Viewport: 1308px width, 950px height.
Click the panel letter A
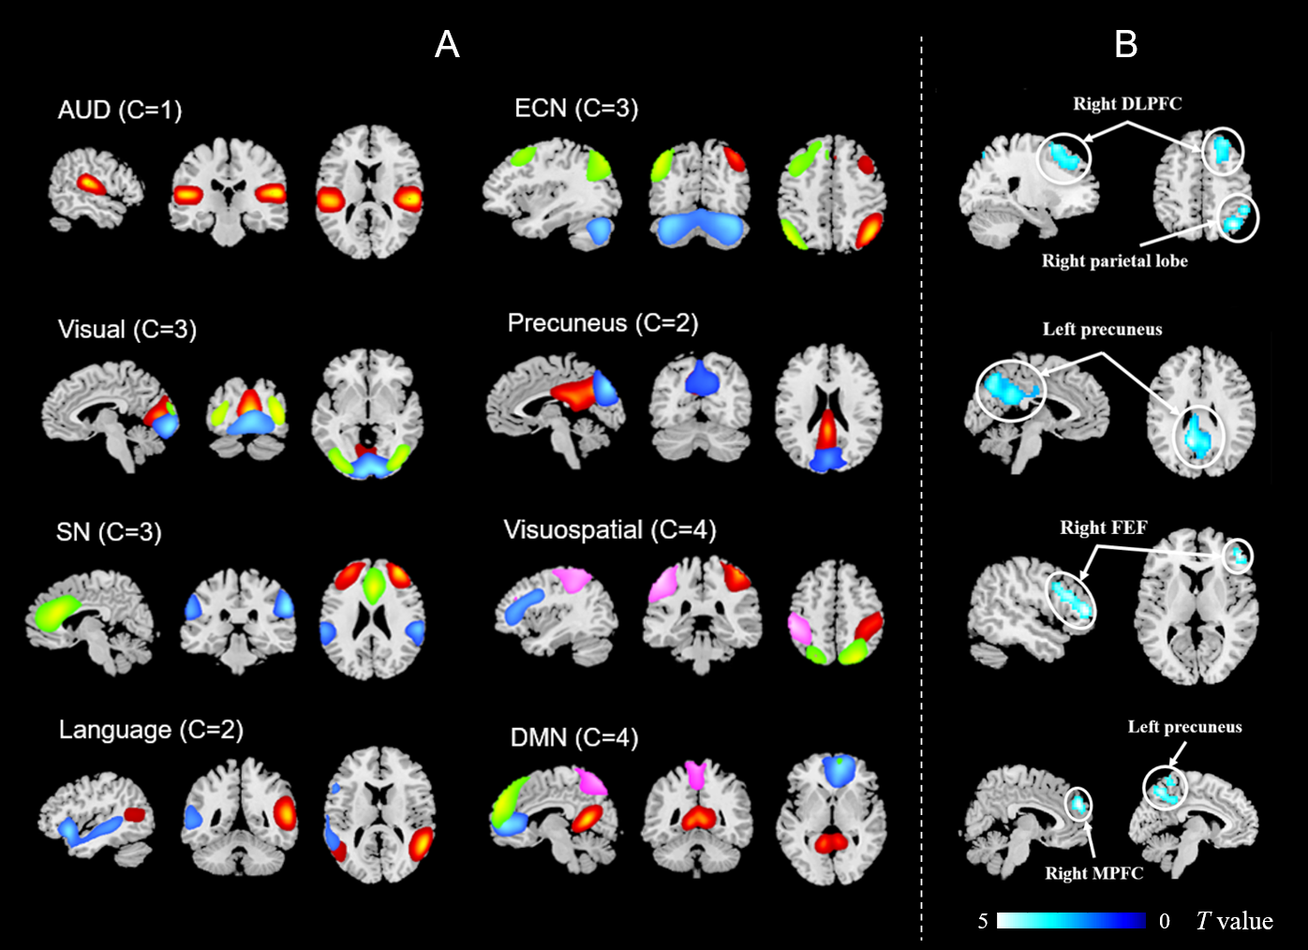point(447,44)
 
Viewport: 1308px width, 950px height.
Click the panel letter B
point(1125,44)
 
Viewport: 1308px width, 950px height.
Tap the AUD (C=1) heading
point(120,110)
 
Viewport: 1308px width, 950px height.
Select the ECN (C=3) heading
point(576,109)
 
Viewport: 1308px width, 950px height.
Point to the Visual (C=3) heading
point(127,329)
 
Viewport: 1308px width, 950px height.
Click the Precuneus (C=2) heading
point(602,323)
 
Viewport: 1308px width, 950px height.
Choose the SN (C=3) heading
point(109,532)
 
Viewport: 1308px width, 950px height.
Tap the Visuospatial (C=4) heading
point(610,530)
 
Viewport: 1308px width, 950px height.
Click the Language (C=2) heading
point(151,730)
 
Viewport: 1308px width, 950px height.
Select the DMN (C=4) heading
point(574,738)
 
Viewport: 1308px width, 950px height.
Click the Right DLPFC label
point(1127,104)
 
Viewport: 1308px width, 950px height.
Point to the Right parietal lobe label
point(1114,261)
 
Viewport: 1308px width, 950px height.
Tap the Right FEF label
point(1103,527)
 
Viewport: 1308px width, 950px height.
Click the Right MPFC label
point(1094,873)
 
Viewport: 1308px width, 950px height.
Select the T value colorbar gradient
point(1071,921)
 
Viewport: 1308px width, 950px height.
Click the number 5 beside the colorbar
point(983,921)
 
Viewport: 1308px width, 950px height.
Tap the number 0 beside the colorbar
point(1164,921)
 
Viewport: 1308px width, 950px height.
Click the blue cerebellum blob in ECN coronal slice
point(701,228)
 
